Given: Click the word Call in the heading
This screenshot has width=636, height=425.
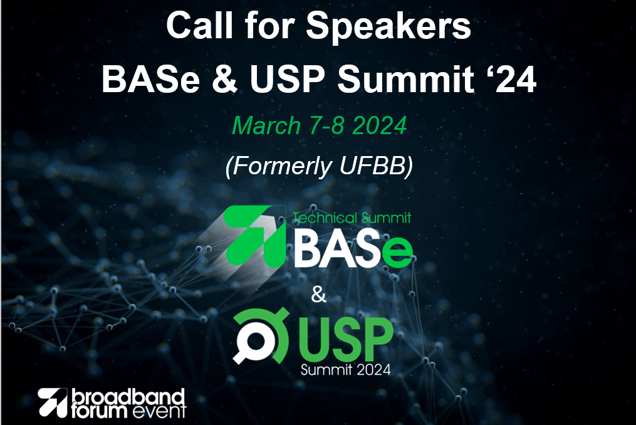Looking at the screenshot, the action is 199,25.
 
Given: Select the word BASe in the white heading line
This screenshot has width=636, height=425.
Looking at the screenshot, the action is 150,79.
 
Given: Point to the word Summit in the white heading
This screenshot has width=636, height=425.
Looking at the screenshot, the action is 406,79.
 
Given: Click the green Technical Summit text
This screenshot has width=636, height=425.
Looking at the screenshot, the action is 352,218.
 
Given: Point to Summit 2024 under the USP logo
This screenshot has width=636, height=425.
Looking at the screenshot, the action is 346,369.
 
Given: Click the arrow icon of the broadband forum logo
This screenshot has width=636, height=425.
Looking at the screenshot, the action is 53,402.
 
